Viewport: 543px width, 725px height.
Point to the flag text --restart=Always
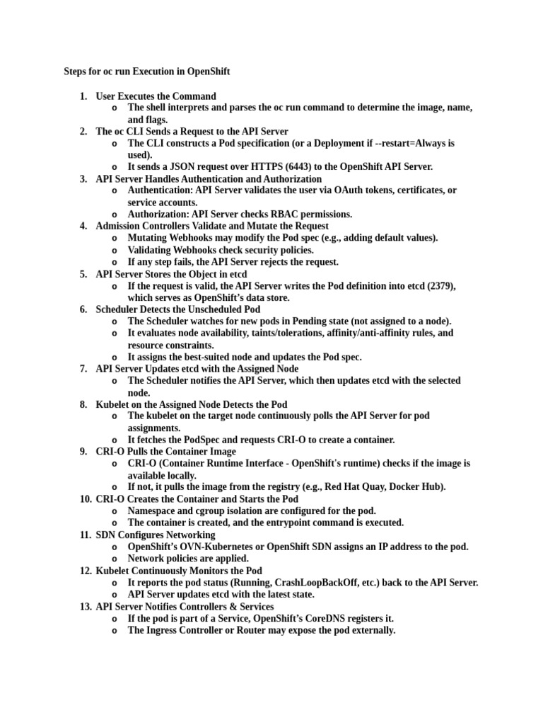[407, 143]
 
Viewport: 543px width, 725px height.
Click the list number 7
[83, 369]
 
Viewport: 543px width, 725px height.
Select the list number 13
[86, 607]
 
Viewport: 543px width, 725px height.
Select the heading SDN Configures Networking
[156, 535]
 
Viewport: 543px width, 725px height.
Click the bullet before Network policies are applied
[115, 559]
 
